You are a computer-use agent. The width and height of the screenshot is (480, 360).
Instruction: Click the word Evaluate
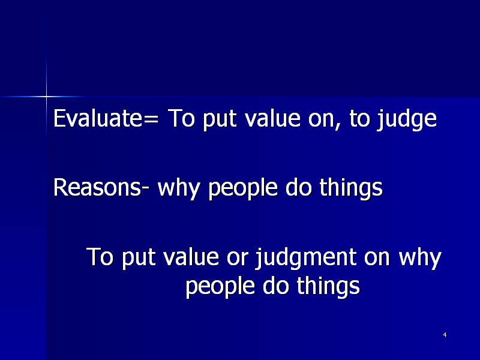(x=98, y=118)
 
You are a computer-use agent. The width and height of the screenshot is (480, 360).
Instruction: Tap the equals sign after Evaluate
(x=151, y=119)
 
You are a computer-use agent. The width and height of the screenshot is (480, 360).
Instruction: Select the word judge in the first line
(x=407, y=120)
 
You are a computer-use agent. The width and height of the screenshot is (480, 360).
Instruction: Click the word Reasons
(x=97, y=187)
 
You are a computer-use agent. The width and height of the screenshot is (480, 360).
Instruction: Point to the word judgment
(x=306, y=259)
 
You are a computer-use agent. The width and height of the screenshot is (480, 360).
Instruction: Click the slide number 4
(x=445, y=335)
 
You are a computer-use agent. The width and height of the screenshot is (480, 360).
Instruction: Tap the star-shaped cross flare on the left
(x=47, y=97)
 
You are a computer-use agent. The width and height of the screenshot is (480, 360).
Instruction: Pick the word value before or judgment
(x=191, y=257)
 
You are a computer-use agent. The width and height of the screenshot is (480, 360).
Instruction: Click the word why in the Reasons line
(x=178, y=189)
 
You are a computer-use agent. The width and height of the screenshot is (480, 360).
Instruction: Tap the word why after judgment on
(x=420, y=259)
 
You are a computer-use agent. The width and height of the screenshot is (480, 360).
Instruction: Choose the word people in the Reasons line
(x=243, y=189)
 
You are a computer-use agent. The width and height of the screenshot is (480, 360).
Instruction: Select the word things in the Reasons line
(x=351, y=189)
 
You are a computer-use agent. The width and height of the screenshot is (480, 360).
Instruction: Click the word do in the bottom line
(x=276, y=286)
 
